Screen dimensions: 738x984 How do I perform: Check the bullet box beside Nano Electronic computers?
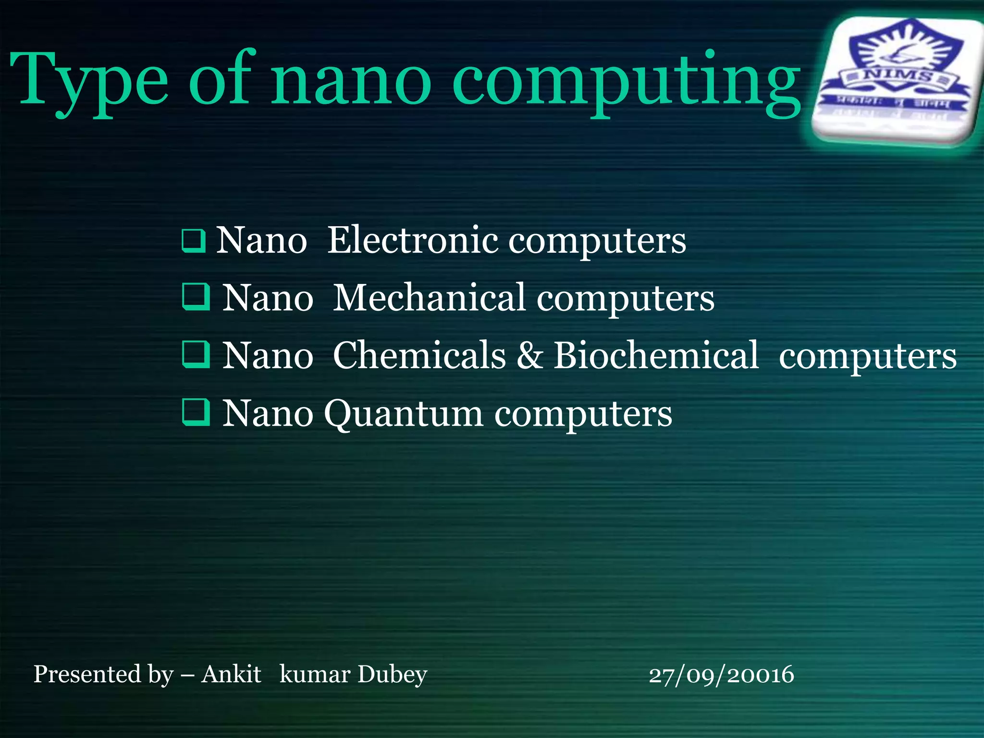(194, 241)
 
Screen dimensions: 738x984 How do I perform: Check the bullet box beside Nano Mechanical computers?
(196, 296)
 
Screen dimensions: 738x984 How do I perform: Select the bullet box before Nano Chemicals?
(196, 354)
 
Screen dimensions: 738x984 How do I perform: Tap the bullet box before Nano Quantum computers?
(196, 412)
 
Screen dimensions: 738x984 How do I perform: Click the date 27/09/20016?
(721, 675)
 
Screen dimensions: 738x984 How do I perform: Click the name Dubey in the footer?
(392, 675)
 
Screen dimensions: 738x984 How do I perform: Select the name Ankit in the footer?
(231, 674)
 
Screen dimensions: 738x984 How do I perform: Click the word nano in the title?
(351, 82)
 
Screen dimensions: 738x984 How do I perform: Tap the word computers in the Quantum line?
(583, 414)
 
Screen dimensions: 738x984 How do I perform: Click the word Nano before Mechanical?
(268, 298)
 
